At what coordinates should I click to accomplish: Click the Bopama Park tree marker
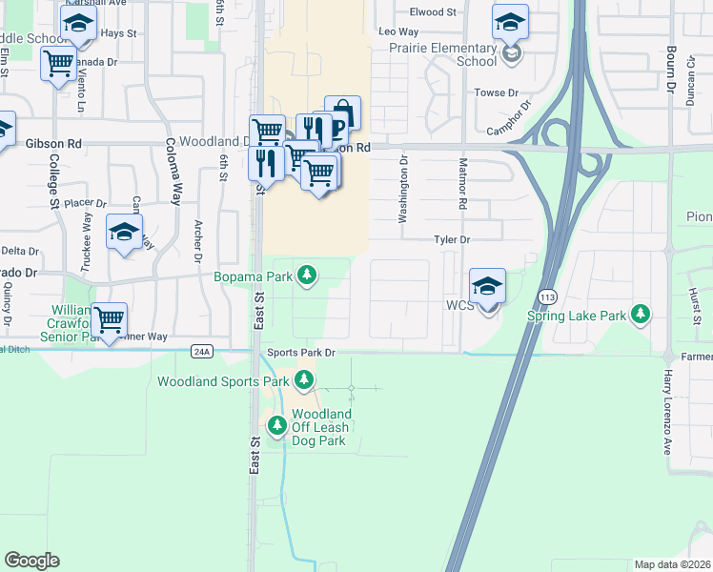306,276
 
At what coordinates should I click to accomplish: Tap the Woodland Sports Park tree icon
304,381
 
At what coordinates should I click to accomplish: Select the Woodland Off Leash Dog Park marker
277,424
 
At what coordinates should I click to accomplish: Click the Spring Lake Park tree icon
642,314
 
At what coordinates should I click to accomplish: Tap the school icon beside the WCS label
487,286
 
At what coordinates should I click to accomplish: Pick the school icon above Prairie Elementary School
510,22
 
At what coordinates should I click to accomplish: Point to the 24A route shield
200,351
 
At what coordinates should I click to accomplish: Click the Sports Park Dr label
301,353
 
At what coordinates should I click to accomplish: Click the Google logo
31,560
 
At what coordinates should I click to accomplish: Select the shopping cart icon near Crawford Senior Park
110,321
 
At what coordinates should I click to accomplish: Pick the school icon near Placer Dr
124,232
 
